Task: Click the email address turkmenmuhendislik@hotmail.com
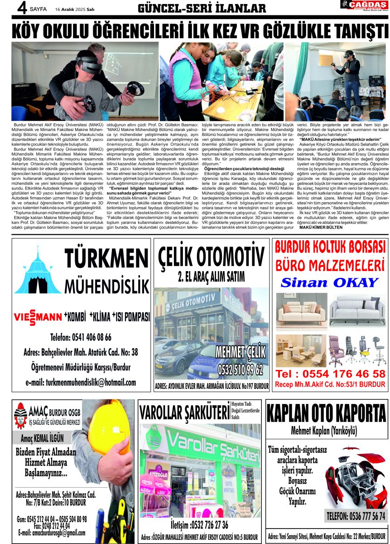[81, 382]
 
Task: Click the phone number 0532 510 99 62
[240, 369]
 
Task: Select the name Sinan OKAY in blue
[329, 282]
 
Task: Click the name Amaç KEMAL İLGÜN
[43, 438]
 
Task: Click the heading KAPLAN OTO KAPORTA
[326, 413]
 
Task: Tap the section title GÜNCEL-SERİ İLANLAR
[202, 9]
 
